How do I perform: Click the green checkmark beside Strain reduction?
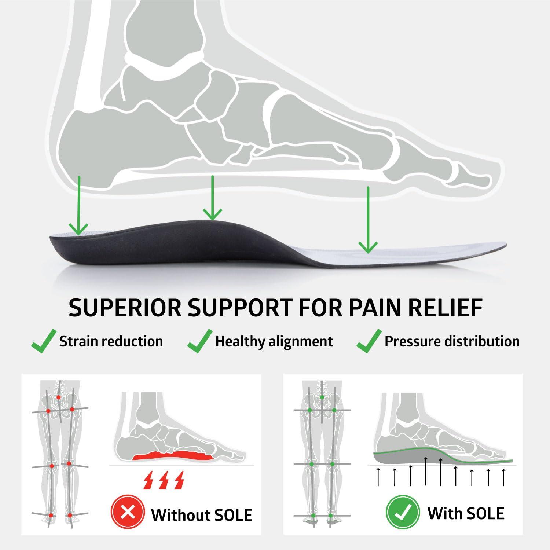pos(44,341)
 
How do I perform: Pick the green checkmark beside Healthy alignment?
pos(200,341)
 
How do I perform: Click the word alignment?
pos(301,342)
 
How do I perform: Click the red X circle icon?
pos(128,512)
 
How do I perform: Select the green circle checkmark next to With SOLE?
pos(402,512)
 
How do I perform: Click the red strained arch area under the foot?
pos(172,456)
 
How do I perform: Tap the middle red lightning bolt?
pos(164,480)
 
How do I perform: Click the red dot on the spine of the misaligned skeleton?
pos(59,397)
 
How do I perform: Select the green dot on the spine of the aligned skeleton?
pos(322,397)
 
